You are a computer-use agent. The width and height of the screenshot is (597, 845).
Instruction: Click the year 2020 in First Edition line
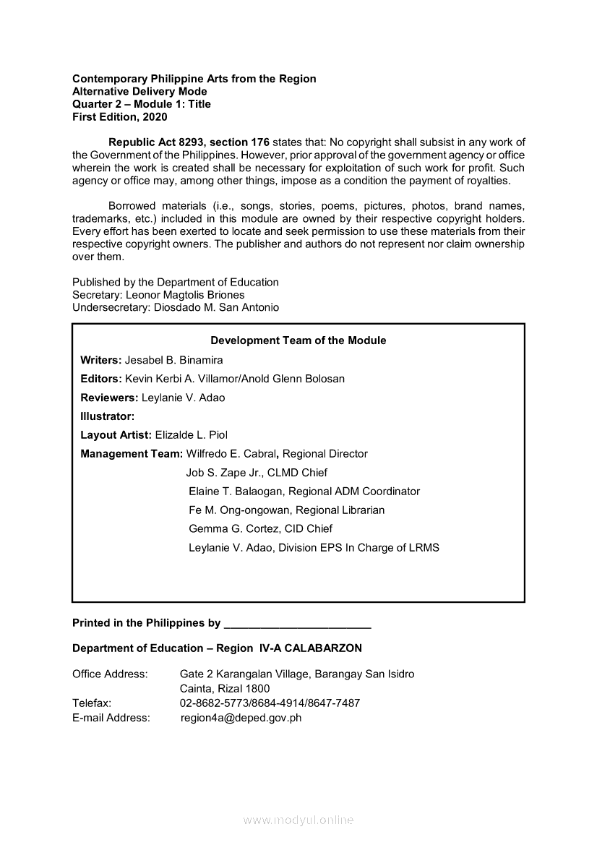coord(155,116)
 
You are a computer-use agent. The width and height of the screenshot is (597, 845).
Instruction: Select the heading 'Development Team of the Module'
coord(298,340)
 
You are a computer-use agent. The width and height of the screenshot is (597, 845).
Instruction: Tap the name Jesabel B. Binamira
coord(174,360)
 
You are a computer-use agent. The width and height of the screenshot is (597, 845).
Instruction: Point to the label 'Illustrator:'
coord(108,416)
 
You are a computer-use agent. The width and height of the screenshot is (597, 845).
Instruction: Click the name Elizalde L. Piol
coord(192,435)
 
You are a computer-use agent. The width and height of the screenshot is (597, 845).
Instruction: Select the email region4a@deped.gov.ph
coord(241,718)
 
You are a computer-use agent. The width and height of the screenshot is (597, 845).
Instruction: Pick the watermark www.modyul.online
coord(298,820)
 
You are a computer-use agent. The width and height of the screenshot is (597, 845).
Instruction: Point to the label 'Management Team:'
coord(132,454)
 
